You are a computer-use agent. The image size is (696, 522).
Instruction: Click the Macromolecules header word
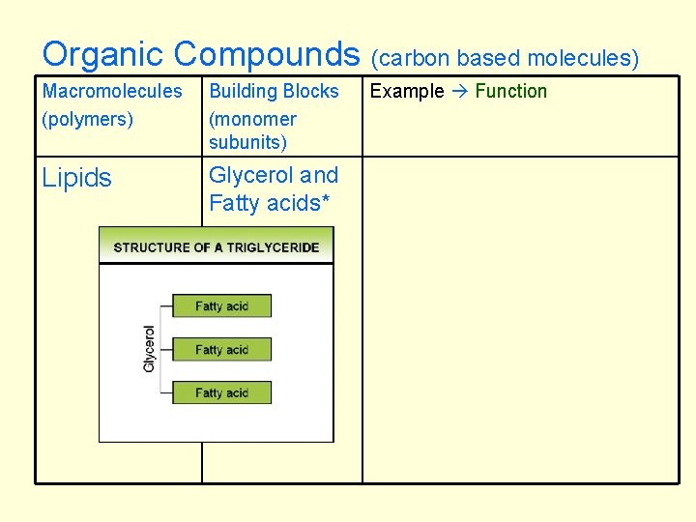112,91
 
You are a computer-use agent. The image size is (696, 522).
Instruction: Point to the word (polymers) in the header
88,119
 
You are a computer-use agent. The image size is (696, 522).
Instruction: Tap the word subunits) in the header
248,142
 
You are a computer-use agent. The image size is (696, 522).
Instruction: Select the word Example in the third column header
407,91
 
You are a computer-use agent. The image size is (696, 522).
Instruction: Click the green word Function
511,91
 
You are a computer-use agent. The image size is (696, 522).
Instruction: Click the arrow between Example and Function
459,91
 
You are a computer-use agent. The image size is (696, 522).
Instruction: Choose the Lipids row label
77,178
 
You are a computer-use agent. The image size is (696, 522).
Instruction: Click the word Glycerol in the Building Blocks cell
250,175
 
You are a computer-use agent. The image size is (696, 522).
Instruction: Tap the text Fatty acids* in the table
264,203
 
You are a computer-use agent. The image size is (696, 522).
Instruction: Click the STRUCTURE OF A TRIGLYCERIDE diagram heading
216,246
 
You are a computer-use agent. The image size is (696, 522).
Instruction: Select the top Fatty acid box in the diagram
221,306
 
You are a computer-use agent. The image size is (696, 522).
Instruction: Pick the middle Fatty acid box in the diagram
221,349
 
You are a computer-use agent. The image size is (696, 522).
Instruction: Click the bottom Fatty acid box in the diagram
221,392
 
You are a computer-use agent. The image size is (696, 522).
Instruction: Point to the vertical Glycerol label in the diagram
150,349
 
